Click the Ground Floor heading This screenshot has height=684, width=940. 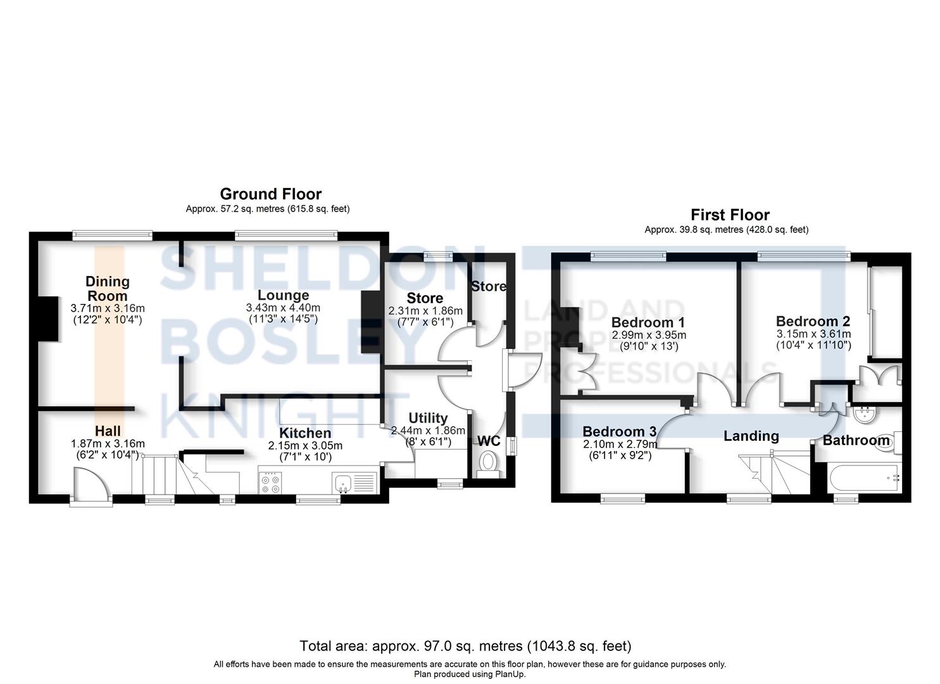coord(270,194)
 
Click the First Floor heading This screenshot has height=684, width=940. coord(730,215)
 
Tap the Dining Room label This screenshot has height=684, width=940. coord(108,288)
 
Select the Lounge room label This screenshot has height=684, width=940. coord(283,295)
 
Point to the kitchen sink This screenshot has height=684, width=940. coord(346,483)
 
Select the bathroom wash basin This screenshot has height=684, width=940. coord(863,416)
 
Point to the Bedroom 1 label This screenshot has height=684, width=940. coord(648,323)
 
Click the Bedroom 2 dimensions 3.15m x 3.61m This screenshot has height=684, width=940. coord(813,334)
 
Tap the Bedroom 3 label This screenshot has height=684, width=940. coord(620,431)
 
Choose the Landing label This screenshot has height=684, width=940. coord(751,436)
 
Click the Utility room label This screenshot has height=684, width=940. coord(428,418)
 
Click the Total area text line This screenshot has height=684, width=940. coord(465,646)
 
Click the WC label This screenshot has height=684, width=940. coord(488,440)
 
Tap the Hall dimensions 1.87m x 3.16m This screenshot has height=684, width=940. coord(108,443)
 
